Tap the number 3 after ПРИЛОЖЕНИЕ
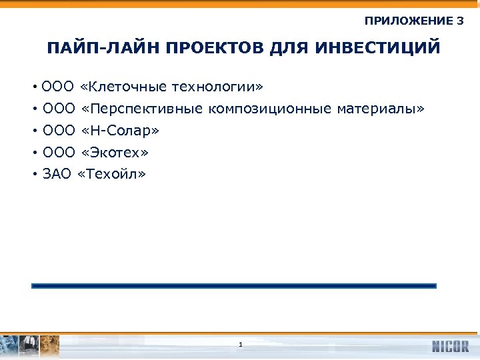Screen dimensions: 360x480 pos(460,21)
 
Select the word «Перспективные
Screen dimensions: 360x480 pos(141,109)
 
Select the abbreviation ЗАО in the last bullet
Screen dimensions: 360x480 pos(57,175)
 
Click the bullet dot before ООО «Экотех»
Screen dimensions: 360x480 pos(33,153)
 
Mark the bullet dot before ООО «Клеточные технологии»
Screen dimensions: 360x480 pos(33,87)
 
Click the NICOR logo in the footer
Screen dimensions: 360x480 pos(450,347)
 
